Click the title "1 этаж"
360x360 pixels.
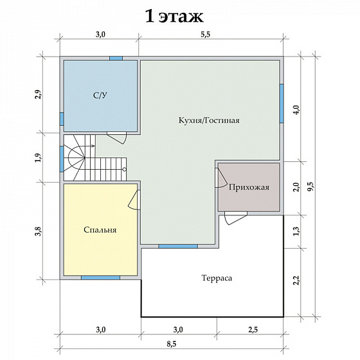(x=174, y=16)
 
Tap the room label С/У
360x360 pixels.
(x=100, y=95)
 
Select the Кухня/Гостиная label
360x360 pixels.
(x=209, y=120)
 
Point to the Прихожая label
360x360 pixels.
(x=249, y=187)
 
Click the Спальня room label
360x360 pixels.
(x=100, y=230)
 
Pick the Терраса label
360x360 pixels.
(x=217, y=278)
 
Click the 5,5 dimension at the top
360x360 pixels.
(x=206, y=35)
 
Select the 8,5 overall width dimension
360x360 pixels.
(x=172, y=344)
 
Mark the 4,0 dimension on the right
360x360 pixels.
(x=296, y=110)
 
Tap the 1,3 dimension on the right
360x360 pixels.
(x=296, y=231)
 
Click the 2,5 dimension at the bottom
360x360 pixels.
(x=253, y=330)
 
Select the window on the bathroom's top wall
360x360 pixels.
(x=116, y=59)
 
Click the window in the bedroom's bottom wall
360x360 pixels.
(x=100, y=278)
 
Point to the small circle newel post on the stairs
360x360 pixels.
(x=125, y=170)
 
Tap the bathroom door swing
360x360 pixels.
(x=116, y=138)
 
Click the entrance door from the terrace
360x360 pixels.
(x=236, y=218)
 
